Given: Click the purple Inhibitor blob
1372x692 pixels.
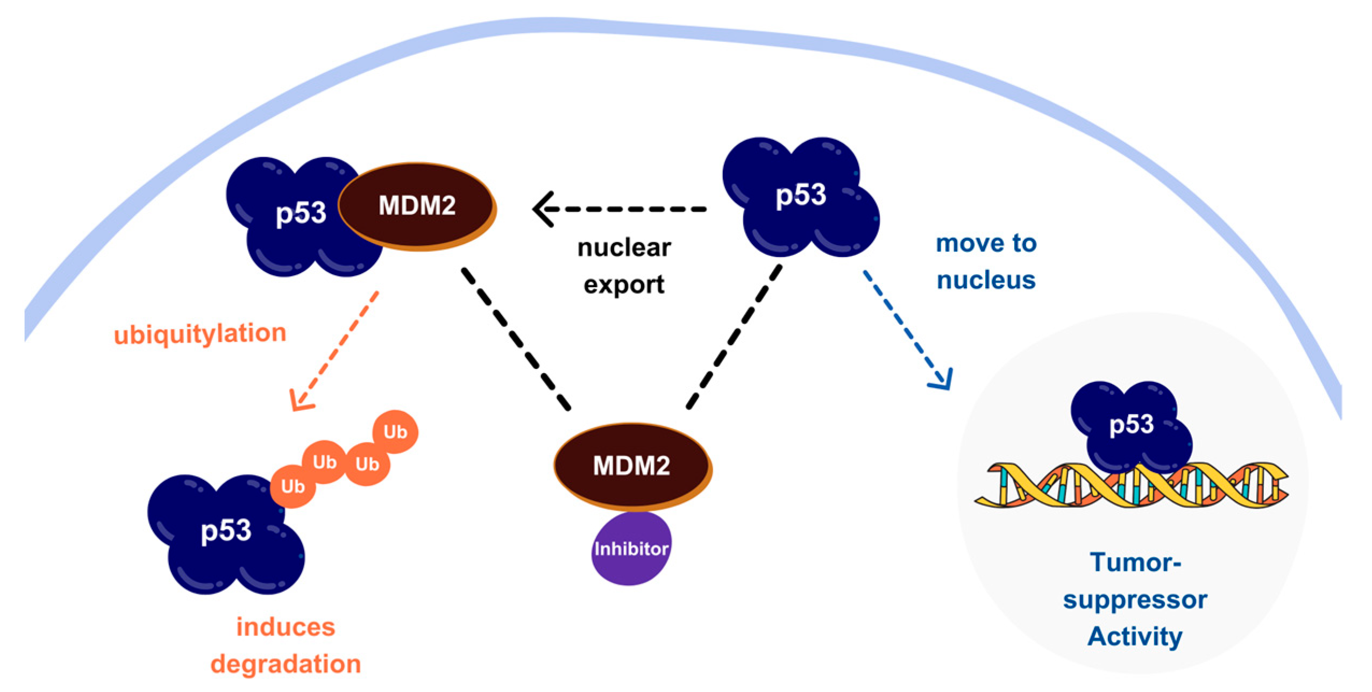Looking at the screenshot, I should click(x=630, y=548).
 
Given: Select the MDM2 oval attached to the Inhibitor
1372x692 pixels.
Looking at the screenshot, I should click(x=631, y=465).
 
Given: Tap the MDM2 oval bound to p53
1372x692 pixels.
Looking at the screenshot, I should click(x=417, y=205).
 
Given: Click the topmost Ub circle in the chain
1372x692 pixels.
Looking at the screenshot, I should click(x=395, y=432).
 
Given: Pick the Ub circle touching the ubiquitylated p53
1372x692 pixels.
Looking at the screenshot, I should click(x=293, y=486).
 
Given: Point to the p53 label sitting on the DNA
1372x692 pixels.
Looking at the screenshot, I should click(x=1131, y=425).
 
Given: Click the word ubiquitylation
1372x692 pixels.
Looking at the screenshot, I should click(x=200, y=334).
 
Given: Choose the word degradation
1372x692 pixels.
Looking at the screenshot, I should click(x=286, y=664).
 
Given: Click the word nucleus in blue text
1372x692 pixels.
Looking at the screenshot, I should click(x=986, y=280).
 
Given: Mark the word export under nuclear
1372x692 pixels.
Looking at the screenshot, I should click(x=624, y=284).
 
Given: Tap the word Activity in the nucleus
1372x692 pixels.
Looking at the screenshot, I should click(x=1135, y=636).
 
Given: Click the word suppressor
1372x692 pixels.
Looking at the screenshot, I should click(x=1135, y=600).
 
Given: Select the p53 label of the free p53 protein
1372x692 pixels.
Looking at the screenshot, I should click(x=800, y=195).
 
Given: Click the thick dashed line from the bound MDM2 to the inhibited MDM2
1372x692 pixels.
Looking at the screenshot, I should click(x=515, y=339).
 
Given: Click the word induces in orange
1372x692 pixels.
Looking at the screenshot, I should click(x=286, y=627).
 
